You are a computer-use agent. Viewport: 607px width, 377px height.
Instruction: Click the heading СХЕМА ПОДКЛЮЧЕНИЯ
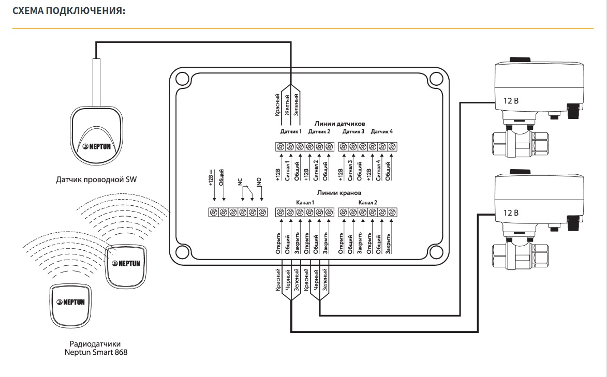coord(69,11)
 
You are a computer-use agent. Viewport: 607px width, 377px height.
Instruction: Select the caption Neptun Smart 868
coord(96,352)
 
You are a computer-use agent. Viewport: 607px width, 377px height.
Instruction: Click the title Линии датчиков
coord(339,124)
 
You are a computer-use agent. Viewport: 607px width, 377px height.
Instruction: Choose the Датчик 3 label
coord(353,132)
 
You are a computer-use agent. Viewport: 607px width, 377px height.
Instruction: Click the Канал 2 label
coord(367,202)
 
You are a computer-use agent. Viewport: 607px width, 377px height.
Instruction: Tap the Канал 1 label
coord(305,202)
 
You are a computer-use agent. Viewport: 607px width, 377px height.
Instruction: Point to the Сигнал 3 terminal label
coord(351,170)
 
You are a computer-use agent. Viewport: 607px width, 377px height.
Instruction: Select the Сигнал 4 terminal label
coord(379,170)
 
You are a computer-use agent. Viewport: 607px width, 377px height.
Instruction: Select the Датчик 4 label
coord(382,132)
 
